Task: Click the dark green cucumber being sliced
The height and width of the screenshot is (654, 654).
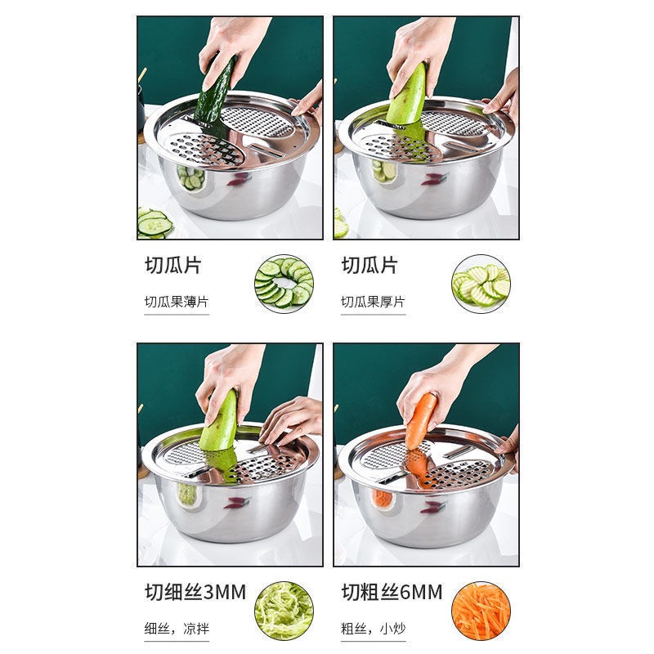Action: [x=215, y=94]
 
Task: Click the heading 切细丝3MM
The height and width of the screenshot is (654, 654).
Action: [x=195, y=592]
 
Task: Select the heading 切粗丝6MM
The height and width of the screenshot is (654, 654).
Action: [x=392, y=592]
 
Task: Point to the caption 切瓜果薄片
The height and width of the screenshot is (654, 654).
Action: [x=177, y=302]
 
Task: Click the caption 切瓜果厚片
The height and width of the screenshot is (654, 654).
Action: [x=373, y=302]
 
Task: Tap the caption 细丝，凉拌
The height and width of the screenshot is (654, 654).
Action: [x=176, y=629]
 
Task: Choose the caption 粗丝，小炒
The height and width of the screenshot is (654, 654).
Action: [x=372, y=629]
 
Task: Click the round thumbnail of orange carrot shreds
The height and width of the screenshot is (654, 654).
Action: [x=481, y=610]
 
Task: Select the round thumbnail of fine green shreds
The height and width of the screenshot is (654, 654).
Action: [x=284, y=610]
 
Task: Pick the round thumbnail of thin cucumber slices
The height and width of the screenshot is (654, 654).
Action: [x=284, y=283]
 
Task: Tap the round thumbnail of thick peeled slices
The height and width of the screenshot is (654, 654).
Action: [x=481, y=283]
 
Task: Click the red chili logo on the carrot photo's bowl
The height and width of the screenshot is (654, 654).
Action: [x=432, y=507]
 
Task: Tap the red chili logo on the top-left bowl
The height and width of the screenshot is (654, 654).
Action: [x=238, y=179]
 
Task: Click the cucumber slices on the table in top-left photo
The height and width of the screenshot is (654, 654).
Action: [x=154, y=222]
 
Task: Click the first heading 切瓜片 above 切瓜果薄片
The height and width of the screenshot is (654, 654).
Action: [x=172, y=266]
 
